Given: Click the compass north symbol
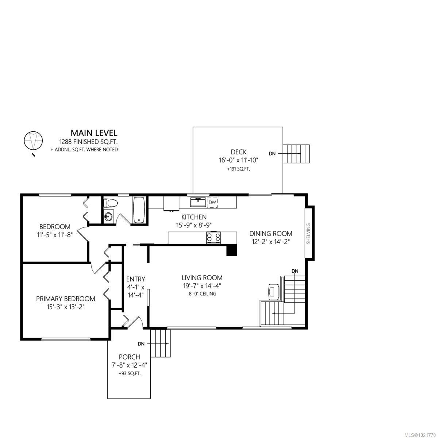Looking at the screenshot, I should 33,141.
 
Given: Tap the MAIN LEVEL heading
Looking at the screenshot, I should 94,132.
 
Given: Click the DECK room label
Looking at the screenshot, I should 238,152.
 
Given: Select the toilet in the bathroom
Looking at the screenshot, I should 109,203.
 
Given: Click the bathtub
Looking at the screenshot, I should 139,210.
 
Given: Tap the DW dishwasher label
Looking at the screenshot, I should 212,202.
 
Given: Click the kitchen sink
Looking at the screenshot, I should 198,201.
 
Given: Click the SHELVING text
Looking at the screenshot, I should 308,234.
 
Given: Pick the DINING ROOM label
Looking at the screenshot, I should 270,234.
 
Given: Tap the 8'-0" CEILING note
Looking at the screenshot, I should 200,293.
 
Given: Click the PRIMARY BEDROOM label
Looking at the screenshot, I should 65,299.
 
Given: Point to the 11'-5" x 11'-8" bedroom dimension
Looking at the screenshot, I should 55,235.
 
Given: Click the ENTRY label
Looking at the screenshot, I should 135,279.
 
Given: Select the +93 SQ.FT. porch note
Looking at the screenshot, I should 129,374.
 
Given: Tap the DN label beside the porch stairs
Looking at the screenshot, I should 141,344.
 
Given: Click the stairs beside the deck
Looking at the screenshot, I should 297,154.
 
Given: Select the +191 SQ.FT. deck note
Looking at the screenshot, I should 238,169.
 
